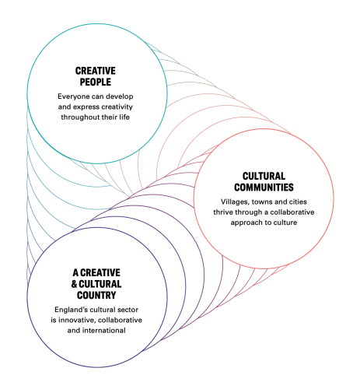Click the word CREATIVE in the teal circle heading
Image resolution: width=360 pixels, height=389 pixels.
96,71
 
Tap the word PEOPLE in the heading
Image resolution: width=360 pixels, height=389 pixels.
96,82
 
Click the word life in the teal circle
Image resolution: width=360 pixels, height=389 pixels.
124,117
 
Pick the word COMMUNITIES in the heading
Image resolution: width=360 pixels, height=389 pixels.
264,187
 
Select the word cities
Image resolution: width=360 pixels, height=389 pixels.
298,202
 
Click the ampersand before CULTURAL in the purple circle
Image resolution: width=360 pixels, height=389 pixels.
75,284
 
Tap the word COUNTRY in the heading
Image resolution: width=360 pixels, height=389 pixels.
96,295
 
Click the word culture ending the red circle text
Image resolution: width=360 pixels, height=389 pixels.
285,223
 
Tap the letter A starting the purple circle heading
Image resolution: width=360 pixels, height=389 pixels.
75,273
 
